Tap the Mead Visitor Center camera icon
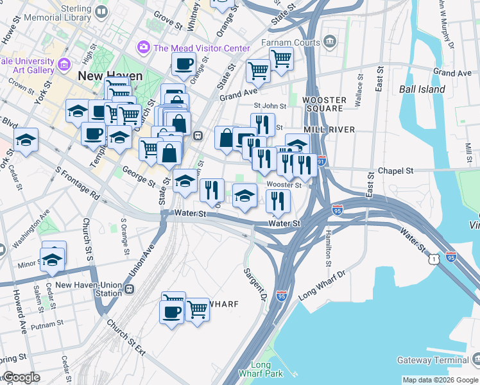pyautogui.click(x=143, y=47)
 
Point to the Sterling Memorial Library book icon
pyautogui.click(x=101, y=12)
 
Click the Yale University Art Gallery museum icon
pyautogui.click(x=64, y=64)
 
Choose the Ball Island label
pyautogui.click(x=422, y=89)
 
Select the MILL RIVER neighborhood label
pyautogui.click(x=329, y=129)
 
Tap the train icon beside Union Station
pyautogui.click(x=130, y=289)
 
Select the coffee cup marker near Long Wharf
pyautogui.click(x=171, y=312)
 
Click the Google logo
pyautogui.click(x=21, y=377)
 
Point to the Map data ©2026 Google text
pyautogui.click(x=440, y=380)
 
